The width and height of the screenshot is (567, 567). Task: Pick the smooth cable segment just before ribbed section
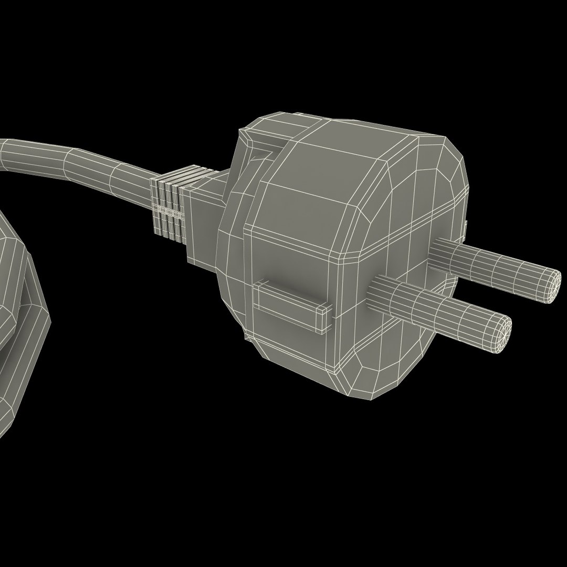click(x=126, y=176)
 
